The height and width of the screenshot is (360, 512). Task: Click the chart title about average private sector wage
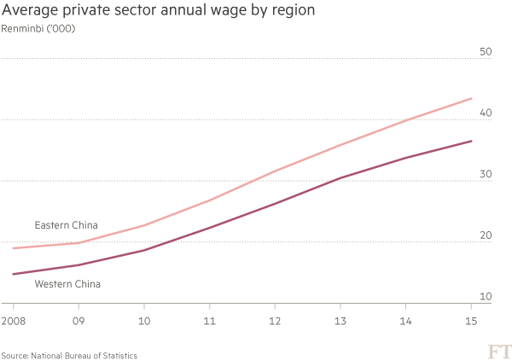[x=159, y=11]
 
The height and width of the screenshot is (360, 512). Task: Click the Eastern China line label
[x=65, y=225]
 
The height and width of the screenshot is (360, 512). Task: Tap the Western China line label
[x=67, y=284]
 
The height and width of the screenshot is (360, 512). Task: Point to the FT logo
[x=494, y=350]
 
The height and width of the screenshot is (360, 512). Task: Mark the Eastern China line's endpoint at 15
[x=472, y=99]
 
